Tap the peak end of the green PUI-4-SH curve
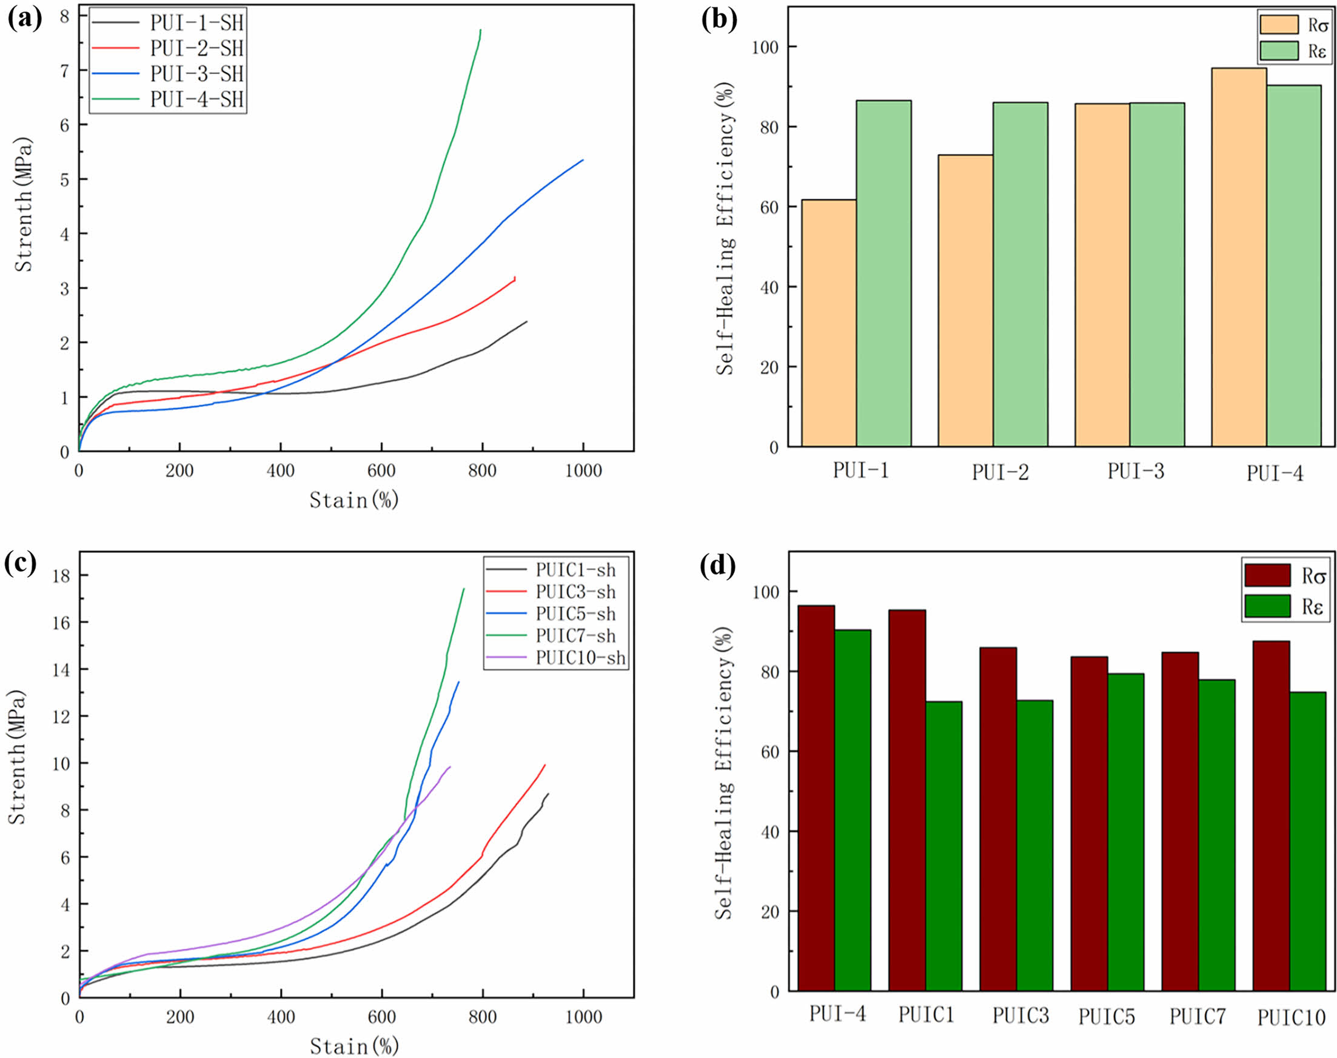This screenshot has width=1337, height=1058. (x=480, y=30)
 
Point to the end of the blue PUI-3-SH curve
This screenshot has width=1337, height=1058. (x=583, y=160)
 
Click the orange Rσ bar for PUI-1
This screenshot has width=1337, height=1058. (x=829, y=323)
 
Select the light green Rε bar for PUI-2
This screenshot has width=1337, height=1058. (x=1020, y=275)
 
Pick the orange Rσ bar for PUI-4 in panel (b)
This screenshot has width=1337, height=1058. (x=1239, y=257)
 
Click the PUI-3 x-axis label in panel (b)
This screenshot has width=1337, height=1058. (x=1136, y=471)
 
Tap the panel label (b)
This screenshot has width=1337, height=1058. (x=719, y=20)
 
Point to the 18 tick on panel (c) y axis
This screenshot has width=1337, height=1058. (x=61, y=575)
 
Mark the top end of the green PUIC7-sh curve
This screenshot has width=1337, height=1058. (x=464, y=589)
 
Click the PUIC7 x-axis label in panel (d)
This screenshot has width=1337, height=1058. (x=1197, y=1017)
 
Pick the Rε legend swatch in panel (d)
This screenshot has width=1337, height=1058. (x=1267, y=606)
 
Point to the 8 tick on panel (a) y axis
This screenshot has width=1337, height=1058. (x=64, y=16)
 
